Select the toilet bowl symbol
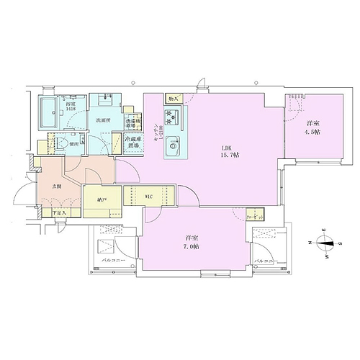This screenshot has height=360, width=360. (x=61, y=143)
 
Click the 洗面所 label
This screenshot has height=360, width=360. (x=101, y=121)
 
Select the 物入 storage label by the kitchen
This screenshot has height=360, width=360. (x=172, y=98)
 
